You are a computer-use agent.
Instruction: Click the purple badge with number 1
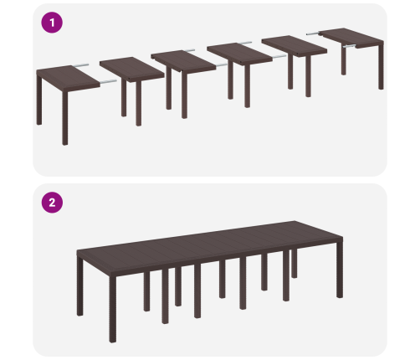pos(52,23)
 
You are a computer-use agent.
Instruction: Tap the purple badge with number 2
pos(52,203)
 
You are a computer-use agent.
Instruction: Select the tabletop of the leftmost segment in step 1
pos(68,78)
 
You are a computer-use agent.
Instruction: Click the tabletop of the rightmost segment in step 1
pos(351,38)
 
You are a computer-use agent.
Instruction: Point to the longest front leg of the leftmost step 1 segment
pos(65,117)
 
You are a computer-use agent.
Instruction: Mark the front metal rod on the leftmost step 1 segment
pos(108,82)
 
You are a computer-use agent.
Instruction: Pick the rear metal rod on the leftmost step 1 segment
pos(81,65)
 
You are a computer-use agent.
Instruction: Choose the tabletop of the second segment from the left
pos(132,69)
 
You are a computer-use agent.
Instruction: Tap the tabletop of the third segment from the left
pos(183,61)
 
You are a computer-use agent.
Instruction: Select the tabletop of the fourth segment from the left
pos(239,54)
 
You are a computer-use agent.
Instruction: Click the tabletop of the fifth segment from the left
pos(295,46)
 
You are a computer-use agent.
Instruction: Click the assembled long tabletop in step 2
pos(210,246)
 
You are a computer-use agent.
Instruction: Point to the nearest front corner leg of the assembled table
pos(113,309)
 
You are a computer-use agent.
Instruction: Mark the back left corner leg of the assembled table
pos(79,287)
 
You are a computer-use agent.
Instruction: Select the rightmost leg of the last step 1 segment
pos(381,66)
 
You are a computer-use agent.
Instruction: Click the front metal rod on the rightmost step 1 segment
pos(350,46)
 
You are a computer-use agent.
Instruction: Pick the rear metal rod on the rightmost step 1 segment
pos(314,33)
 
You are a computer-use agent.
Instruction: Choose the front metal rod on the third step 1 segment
pos(222,65)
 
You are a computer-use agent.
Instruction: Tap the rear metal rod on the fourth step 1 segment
pos(245,43)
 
